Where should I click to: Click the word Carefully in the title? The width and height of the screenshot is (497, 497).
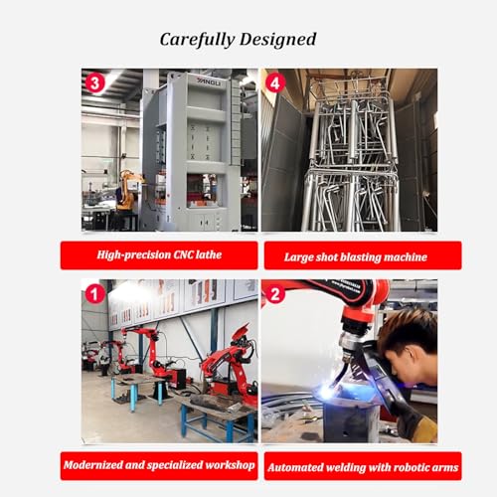pyautogui.click(x=197, y=40)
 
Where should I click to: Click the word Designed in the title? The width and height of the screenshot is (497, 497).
pyautogui.click(x=278, y=40)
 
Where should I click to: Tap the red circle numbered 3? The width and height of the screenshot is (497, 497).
pyautogui.click(x=94, y=83)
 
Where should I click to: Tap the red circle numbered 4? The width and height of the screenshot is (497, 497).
pyautogui.click(x=275, y=83)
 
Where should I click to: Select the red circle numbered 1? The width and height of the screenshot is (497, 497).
pyautogui.click(x=94, y=294)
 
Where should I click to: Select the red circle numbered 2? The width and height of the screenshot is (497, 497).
pyautogui.click(x=275, y=294)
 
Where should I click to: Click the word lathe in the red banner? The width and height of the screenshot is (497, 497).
pyautogui.click(x=209, y=254)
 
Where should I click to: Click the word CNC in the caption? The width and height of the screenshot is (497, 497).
pyautogui.click(x=183, y=254)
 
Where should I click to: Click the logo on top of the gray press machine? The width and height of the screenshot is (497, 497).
pyautogui.click(x=209, y=82)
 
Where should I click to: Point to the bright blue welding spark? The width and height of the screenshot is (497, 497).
pyautogui.click(x=327, y=393)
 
